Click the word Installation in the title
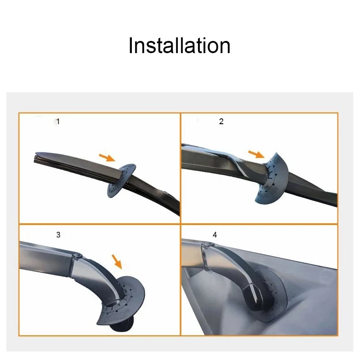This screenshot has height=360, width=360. coord(179,46)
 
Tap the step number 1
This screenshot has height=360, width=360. coord(58,121)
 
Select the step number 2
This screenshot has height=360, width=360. coord(221,121)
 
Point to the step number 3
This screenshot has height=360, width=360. coord(58,234)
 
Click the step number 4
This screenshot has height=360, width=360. coord(215,234)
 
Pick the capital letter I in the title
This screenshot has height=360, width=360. coord(131,46)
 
